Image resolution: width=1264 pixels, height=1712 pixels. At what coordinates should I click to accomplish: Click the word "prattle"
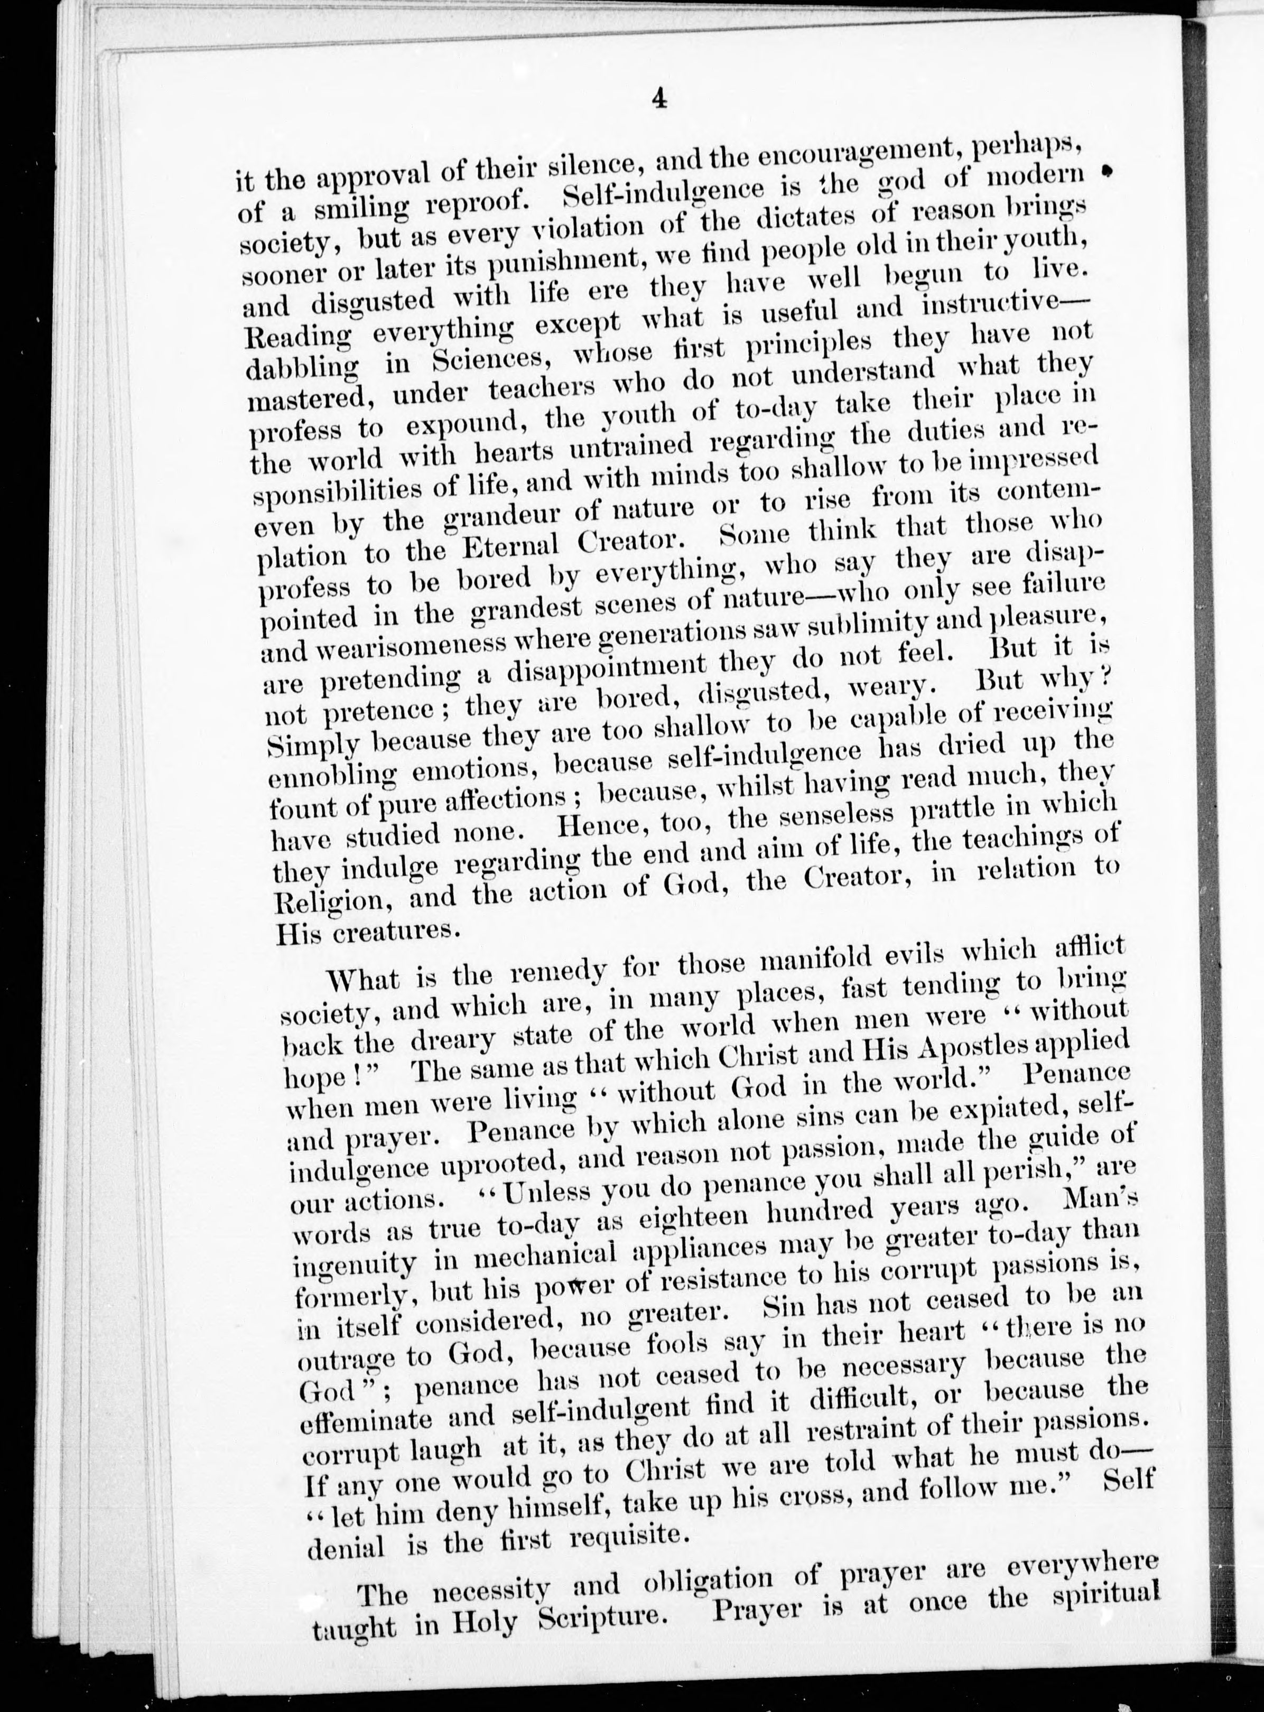(960, 811)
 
